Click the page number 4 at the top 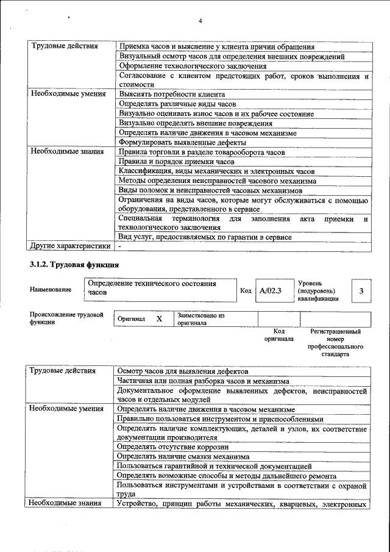pyautogui.click(x=200, y=22)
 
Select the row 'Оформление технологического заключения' pyautogui.click(x=193, y=66)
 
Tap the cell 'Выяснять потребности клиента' pyautogui.click(x=172, y=95)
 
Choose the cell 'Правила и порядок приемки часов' pyautogui.click(x=177, y=162)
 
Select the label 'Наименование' pyautogui.click(x=50, y=290)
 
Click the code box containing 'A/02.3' pyautogui.click(x=269, y=292)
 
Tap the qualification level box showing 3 pyautogui.click(x=361, y=292)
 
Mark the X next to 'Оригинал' pyautogui.click(x=159, y=319)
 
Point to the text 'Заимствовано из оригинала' pyautogui.click(x=201, y=319)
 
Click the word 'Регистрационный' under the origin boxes pyautogui.click(x=336, y=332)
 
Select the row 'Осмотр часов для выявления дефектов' pyautogui.click(x=183, y=371)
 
